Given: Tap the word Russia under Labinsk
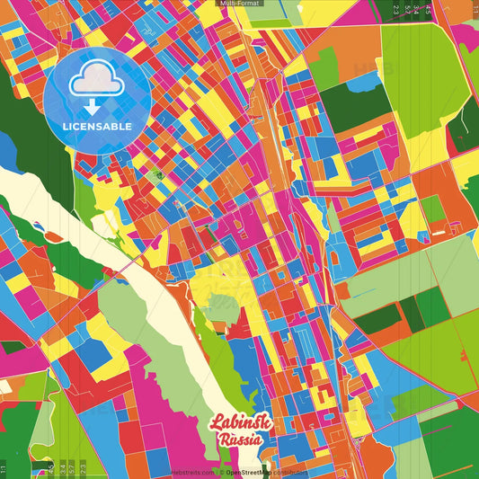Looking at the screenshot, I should (x=239, y=439).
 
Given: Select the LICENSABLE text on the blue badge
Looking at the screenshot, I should (x=96, y=126).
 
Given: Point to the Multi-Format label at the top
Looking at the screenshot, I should (x=238, y=4).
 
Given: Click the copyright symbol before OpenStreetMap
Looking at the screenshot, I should (x=221, y=472).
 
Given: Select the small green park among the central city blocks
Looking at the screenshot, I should (x=157, y=174).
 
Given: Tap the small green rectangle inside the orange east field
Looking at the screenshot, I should (x=433, y=208).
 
